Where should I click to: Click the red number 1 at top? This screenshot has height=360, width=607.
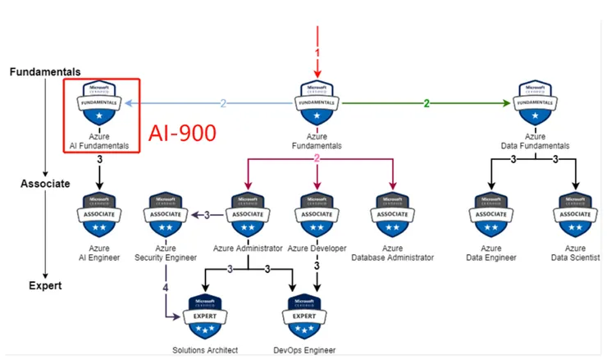[317, 52]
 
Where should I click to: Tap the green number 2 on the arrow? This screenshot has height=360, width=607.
[426, 103]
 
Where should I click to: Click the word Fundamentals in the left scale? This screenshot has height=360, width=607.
[44, 72]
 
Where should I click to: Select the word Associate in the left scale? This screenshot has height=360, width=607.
[44, 184]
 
